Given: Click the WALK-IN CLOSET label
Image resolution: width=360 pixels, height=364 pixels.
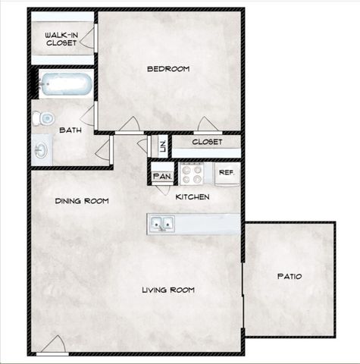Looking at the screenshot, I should click(61, 39).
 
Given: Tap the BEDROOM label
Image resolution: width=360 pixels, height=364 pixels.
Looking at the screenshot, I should click(167, 69).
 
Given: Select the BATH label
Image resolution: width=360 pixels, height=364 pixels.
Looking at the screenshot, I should click(70, 130).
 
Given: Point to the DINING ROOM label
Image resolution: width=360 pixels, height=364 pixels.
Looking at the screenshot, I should click(81, 201).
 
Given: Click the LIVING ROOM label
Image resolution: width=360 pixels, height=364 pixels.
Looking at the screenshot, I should click(168, 290).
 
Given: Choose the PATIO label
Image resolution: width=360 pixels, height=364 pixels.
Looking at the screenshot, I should click(288, 276).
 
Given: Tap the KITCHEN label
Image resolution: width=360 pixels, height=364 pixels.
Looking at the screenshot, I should click(193, 197).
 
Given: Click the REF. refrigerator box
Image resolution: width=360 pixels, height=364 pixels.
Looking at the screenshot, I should click(226, 173).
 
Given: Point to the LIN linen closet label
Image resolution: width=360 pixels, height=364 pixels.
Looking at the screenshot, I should click(161, 144).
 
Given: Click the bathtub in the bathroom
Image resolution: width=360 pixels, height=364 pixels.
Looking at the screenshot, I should click(66, 84).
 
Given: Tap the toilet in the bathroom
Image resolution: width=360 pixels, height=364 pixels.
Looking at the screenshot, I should click(45, 118).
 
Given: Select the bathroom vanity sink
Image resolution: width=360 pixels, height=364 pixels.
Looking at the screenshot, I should click(41, 150).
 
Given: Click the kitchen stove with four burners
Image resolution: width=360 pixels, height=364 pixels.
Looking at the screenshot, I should click(192, 174).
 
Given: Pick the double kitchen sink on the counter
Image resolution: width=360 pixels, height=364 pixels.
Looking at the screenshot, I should click(161, 224).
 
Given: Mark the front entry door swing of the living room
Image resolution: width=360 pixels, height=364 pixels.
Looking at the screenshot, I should click(52, 345).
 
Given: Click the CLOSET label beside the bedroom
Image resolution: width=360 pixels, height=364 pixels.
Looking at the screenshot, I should click(206, 142).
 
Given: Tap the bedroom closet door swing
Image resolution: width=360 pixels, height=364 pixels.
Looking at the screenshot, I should click(207, 124).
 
